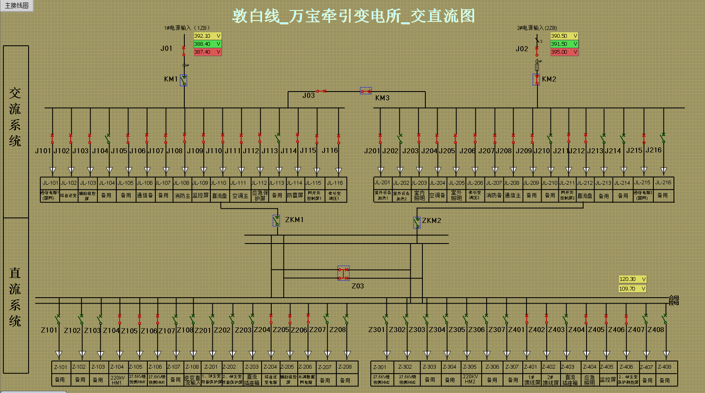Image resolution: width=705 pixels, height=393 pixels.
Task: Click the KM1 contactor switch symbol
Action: pos(183,80)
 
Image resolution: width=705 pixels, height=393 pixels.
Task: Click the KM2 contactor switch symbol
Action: pos(537,79)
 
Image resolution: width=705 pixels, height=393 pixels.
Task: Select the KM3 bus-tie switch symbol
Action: pos(366,91)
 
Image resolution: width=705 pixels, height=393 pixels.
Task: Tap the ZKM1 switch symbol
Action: pos(276,220)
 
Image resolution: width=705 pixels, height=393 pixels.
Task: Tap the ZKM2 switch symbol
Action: pos(417,223)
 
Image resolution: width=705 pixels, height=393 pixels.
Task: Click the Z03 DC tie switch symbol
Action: pos(343,273)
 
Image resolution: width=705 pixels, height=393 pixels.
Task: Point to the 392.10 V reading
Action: pos(207,36)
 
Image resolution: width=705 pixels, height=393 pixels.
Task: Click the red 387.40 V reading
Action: pos(207,52)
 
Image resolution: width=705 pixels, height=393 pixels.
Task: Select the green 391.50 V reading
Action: pos(564,44)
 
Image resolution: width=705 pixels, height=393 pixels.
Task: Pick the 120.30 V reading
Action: pos(632,279)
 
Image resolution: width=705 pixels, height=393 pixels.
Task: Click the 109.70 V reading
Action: pos(632,289)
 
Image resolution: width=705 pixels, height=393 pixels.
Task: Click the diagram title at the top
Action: pos(353,16)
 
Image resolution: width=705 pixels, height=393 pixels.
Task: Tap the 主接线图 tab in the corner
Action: pos(17,5)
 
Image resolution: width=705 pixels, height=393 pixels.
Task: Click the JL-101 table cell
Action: pos(50,183)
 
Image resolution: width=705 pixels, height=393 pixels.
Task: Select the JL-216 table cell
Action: pos(663,183)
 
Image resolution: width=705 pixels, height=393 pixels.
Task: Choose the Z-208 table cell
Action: pos(345,367)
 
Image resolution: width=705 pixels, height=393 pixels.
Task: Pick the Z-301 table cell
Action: pos(380,367)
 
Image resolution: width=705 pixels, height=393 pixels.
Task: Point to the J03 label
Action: pos(309,96)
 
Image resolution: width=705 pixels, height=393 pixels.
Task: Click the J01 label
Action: pos(166,49)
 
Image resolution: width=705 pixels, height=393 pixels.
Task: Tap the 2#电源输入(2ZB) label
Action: pos(537,28)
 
